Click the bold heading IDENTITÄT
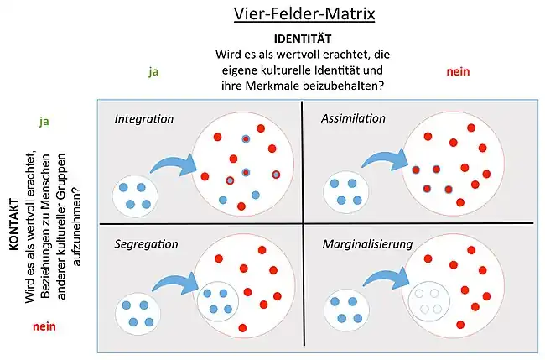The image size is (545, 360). (x=303, y=39)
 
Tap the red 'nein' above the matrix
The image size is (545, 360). (x=457, y=72)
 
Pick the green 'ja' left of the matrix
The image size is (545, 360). (x=44, y=121)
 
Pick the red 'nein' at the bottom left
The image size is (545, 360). (x=44, y=326)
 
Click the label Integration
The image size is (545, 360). (x=144, y=118)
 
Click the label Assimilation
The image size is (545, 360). (x=354, y=118)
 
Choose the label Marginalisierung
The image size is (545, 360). (x=367, y=244)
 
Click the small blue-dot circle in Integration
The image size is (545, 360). (x=136, y=195)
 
